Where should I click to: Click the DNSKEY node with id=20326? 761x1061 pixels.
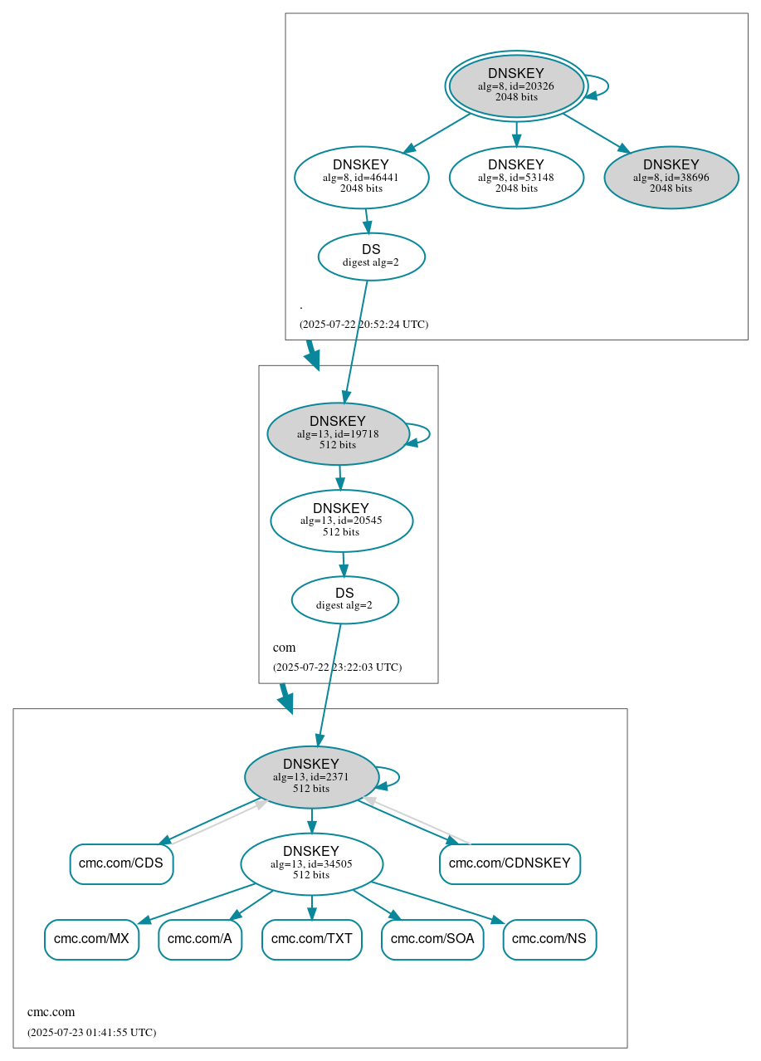coord(516,86)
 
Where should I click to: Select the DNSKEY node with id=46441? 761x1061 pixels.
coord(361,176)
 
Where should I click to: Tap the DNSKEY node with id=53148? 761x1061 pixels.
coord(516,176)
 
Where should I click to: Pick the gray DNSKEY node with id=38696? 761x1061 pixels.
coord(671,176)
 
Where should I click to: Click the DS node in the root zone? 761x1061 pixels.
coord(371,257)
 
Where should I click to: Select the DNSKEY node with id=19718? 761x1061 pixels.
coord(338,433)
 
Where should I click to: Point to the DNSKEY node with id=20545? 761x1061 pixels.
coord(341,521)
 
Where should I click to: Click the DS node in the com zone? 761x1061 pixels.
coord(344,599)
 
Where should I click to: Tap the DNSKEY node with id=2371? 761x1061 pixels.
coord(311,776)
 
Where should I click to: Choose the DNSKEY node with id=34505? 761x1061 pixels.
coord(311,863)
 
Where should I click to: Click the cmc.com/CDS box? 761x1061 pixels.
coord(121,863)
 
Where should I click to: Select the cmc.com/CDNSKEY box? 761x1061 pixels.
coord(510,863)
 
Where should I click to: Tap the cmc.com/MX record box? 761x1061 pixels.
coord(91,939)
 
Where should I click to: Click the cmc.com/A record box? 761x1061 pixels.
coord(200,939)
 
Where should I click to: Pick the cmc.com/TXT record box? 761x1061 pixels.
coord(312,939)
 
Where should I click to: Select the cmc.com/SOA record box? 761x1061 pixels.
coord(432,939)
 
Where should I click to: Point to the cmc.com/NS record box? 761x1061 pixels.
coord(549,939)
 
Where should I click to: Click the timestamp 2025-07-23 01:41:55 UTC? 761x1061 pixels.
coord(91,1033)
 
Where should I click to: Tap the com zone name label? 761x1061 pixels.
coord(284,648)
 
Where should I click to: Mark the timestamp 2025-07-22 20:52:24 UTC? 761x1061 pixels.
coord(363,325)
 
